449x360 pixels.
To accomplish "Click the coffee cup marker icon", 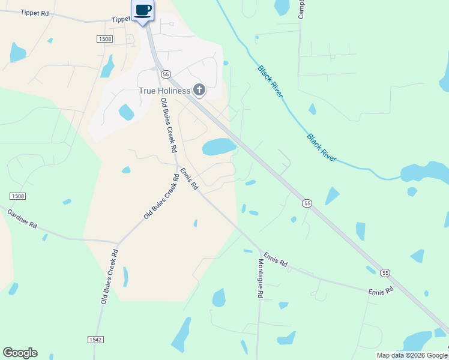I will [143, 10].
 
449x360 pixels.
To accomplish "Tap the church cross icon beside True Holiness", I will [199, 91].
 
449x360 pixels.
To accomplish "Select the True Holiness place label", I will [164, 91].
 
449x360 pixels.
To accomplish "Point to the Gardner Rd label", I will [22, 218].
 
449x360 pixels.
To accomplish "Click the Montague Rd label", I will [261, 279].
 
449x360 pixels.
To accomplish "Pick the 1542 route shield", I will [95, 339].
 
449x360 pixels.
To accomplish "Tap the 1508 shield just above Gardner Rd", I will [18, 196].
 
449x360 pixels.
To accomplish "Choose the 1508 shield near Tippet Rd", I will [104, 39].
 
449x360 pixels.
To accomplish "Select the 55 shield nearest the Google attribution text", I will [385, 272].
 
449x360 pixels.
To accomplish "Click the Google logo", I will [20, 353].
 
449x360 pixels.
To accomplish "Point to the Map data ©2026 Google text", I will [412, 355].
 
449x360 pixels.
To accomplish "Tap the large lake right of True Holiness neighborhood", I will [218, 146].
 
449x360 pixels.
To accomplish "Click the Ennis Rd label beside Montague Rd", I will [275, 259].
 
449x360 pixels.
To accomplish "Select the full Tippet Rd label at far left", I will [34, 13].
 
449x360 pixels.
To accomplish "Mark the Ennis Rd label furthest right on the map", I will [381, 290].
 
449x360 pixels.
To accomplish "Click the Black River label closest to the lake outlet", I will [322, 148].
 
